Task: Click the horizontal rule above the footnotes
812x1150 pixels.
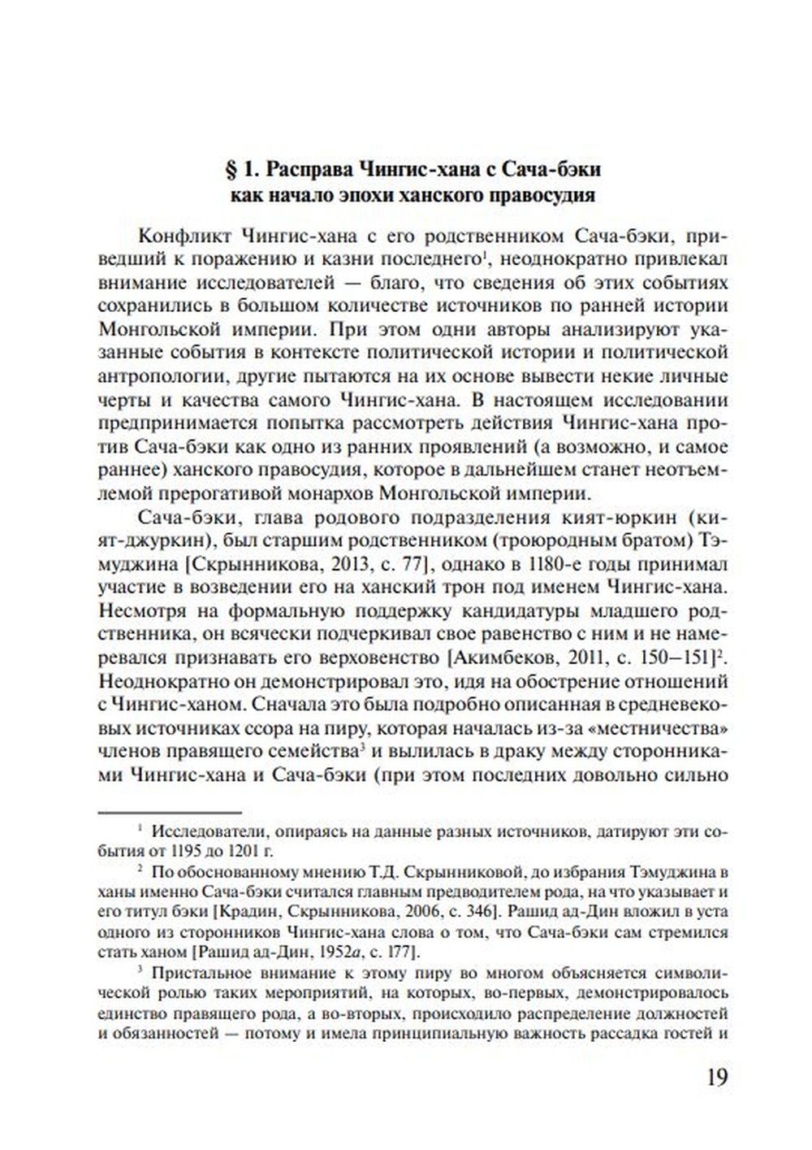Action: (170, 811)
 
